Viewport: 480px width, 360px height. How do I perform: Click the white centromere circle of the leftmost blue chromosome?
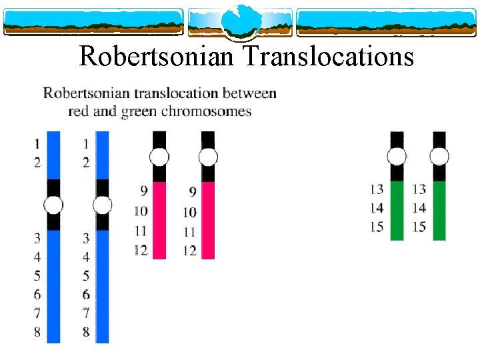[x=54, y=205]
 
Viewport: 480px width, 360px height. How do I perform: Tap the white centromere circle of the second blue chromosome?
[x=102, y=205]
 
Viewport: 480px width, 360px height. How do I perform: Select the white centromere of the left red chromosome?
[x=159, y=157]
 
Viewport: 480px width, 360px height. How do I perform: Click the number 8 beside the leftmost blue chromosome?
[x=37, y=331]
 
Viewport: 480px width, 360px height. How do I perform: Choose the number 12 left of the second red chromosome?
[x=190, y=251]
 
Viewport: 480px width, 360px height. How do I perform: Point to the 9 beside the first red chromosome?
[x=144, y=192]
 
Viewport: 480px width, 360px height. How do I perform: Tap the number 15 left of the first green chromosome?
[x=377, y=227]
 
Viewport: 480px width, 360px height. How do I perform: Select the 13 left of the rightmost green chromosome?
[x=419, y=190]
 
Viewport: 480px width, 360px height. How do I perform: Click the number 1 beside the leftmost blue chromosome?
[x=37, y=143]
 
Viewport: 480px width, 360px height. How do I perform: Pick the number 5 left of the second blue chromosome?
[x=86, y=275]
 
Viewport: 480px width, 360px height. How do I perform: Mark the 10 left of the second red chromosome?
[x=190, y=212]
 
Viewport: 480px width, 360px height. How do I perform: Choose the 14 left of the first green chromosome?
[x=377, y=208]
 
